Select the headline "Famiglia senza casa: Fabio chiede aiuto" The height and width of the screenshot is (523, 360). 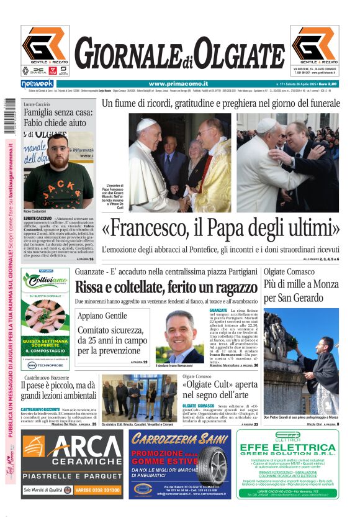click(x=58, y=117)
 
